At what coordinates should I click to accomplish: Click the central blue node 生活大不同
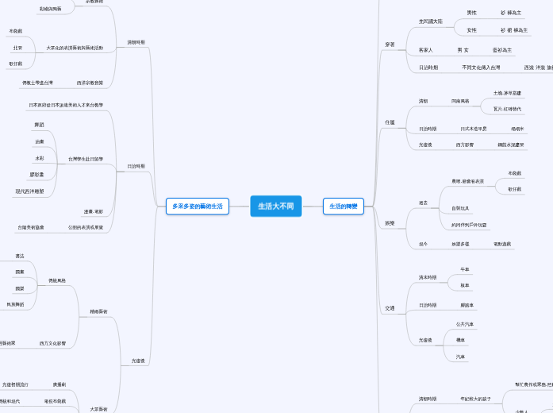[x=276, y=206]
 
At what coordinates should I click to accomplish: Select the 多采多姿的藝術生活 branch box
[x=198, y=206]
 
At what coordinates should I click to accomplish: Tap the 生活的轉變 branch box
[x=344, y=206]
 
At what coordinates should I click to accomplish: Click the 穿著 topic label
[x=390, y=44]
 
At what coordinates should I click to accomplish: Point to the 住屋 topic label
[x=390, y=122]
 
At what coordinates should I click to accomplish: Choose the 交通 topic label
[x=390, y=307]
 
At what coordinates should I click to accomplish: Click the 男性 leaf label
[x=472, y=13]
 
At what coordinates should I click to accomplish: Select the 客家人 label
[x=426, y=50]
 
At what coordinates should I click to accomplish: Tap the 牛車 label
[x=465, y=269]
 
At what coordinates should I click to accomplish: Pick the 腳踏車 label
[x=467, y=305]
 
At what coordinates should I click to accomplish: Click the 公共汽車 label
[x=465, y=324]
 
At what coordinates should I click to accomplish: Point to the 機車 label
[x=461, y=340]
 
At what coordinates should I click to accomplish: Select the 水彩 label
[x=40, y=159]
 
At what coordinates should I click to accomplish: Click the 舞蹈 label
[x=40, y=125]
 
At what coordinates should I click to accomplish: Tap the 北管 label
[x=17, y=48]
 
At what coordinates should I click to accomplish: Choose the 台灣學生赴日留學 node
[x=86, y=159]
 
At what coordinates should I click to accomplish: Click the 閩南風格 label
[x=460, y=101]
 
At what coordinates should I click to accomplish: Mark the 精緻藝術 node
[x=99, y=311]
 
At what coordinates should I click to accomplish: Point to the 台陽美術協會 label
[x=31, y=227]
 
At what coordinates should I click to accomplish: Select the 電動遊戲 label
[x=502, y=244]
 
